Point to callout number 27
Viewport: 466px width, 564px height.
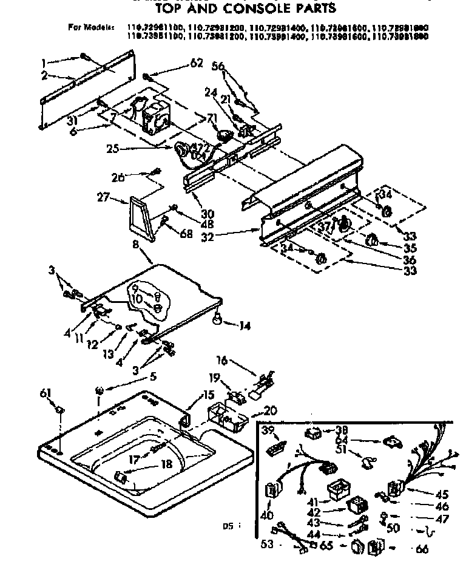tap(103, 197)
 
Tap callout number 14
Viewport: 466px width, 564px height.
tap(244, 325)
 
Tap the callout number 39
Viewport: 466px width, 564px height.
tap(268, 430)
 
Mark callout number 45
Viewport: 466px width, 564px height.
tap(442, 494)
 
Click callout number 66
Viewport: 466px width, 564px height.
tap(420, 549)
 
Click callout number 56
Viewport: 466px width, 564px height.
tap(217, 66)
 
